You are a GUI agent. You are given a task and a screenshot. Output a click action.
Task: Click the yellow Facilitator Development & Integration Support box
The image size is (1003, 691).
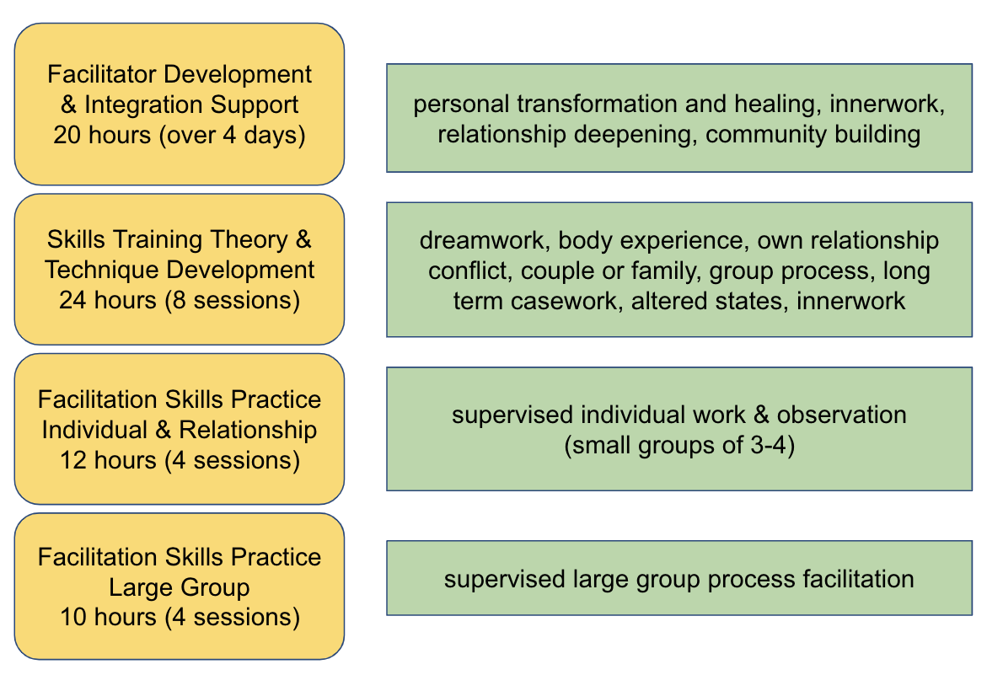[179, 104]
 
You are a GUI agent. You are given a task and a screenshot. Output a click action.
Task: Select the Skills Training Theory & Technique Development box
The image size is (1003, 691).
[179, 270]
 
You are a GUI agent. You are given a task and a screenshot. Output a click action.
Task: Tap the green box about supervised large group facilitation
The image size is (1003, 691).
[679, 578]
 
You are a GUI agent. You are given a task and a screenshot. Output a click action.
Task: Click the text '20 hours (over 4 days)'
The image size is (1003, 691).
[179, 135]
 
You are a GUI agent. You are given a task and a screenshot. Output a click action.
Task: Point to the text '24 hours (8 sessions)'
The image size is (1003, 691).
[179, 300]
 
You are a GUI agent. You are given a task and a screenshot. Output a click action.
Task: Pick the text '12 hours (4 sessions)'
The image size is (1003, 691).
[179, 460]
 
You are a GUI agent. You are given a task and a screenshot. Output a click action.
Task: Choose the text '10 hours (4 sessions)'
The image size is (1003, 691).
[179, 618]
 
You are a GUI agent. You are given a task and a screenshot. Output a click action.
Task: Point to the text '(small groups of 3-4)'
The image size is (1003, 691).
[679, 445]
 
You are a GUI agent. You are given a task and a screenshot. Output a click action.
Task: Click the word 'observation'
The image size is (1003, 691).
[841, 415]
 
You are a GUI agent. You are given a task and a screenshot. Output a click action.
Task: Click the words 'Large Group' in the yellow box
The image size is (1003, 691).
[179, 587]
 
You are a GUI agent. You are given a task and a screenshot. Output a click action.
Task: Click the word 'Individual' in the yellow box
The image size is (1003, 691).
[94, 429]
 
